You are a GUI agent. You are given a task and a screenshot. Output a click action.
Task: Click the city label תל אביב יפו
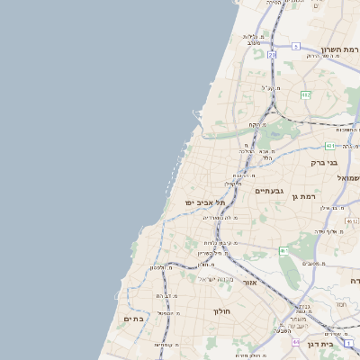[205, 203]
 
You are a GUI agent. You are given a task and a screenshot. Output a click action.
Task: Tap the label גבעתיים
[270, 191]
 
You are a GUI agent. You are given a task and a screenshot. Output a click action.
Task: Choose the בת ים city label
[133, 319]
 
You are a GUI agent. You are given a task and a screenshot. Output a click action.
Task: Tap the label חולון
[222, 311]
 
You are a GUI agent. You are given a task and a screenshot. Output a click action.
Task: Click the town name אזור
[249, 283]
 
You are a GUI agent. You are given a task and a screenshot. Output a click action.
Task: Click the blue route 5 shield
[295, 46]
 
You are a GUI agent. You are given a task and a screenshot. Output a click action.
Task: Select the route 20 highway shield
[272, 55]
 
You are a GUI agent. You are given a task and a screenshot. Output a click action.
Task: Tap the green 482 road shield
[305, 94]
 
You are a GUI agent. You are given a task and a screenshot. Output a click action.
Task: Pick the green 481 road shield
[330, 146]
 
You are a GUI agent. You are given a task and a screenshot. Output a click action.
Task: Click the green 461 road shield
[284, 250]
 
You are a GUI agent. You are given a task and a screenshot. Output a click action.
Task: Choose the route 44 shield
[296, 342]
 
